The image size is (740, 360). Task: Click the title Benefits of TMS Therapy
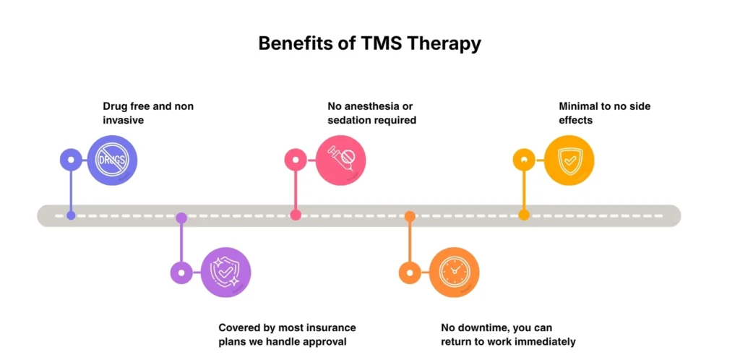point(369,43)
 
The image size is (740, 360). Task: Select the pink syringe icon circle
point(340,160)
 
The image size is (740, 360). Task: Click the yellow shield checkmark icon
point(569,160)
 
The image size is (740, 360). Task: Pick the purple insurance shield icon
point(225,273)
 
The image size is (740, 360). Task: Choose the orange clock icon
point(455,273)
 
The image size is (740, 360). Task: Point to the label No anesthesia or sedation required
point(371,113)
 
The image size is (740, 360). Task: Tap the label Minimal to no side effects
point(604,113)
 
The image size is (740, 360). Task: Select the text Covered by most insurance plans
point(287,335)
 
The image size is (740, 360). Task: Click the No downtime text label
point(508,335)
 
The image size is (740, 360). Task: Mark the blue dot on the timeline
point(71,215)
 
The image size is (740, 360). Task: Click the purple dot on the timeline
point(181,217)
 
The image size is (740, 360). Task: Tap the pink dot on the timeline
point(295,215)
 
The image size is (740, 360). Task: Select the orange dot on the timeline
point(410,216)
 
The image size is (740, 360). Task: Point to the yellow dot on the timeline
point(524,215)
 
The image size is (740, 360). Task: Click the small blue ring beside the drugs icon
point(71,160)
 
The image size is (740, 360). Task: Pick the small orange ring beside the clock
point(410,273)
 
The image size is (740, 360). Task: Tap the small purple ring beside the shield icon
point(181,273)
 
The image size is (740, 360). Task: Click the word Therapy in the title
point(444,43)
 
